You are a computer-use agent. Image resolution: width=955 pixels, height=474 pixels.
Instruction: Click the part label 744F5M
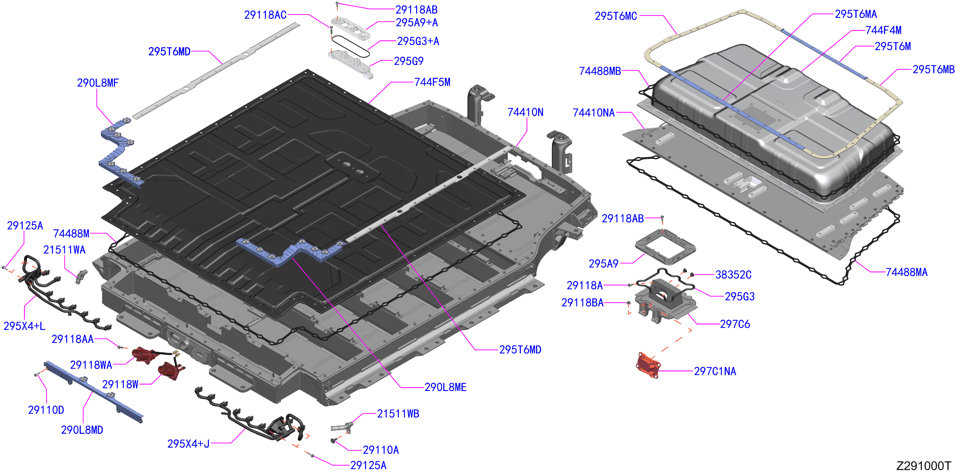tap(432, 82)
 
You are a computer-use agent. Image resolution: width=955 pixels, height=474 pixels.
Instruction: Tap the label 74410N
tap(525, 112)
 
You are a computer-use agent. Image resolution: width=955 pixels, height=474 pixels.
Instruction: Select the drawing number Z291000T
tap(923, 465)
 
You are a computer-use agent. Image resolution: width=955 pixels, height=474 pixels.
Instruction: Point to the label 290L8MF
tap(98, 83)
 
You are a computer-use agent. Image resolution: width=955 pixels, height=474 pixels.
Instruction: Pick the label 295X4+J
tap(188, 443)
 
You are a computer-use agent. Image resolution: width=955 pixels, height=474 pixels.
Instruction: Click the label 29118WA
tap(91, 365)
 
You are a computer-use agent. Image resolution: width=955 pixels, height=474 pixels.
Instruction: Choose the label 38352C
tap(733, 274)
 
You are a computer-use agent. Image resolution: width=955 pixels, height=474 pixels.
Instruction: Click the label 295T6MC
tap(616, 16)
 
